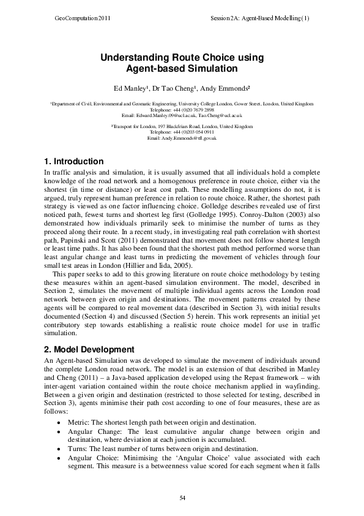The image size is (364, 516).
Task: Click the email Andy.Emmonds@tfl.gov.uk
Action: pos(182,138)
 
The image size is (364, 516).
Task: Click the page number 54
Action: pos(182,496)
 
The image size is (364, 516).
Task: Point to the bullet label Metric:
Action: pos(79,423)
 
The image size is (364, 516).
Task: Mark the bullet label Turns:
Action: pos(78,449)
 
